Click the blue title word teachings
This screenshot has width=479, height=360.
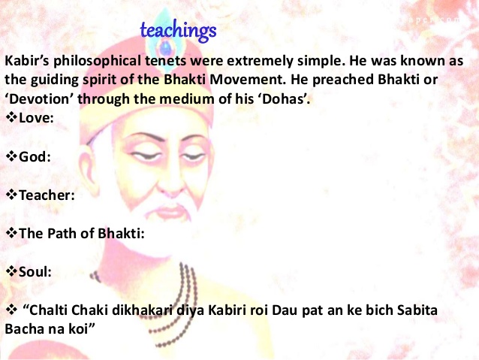point(178,32)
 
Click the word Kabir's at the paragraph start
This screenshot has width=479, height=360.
point(27,61)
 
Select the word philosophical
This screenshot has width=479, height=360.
point(97,61)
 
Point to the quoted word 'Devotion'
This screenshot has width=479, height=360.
point(38,98)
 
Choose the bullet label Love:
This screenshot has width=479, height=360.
point(36,118)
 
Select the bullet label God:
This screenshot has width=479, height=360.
point(35,156)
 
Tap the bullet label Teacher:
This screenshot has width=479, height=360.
point(47,195)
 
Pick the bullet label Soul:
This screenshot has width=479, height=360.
point(35,271)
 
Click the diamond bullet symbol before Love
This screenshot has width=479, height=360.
point(11,117)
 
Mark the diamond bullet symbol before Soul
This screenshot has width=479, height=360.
point(11,271)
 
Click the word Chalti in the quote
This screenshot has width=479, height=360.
point(48,310)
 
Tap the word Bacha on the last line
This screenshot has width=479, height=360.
point(25,329)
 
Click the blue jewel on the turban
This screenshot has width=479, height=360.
point(165,48)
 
